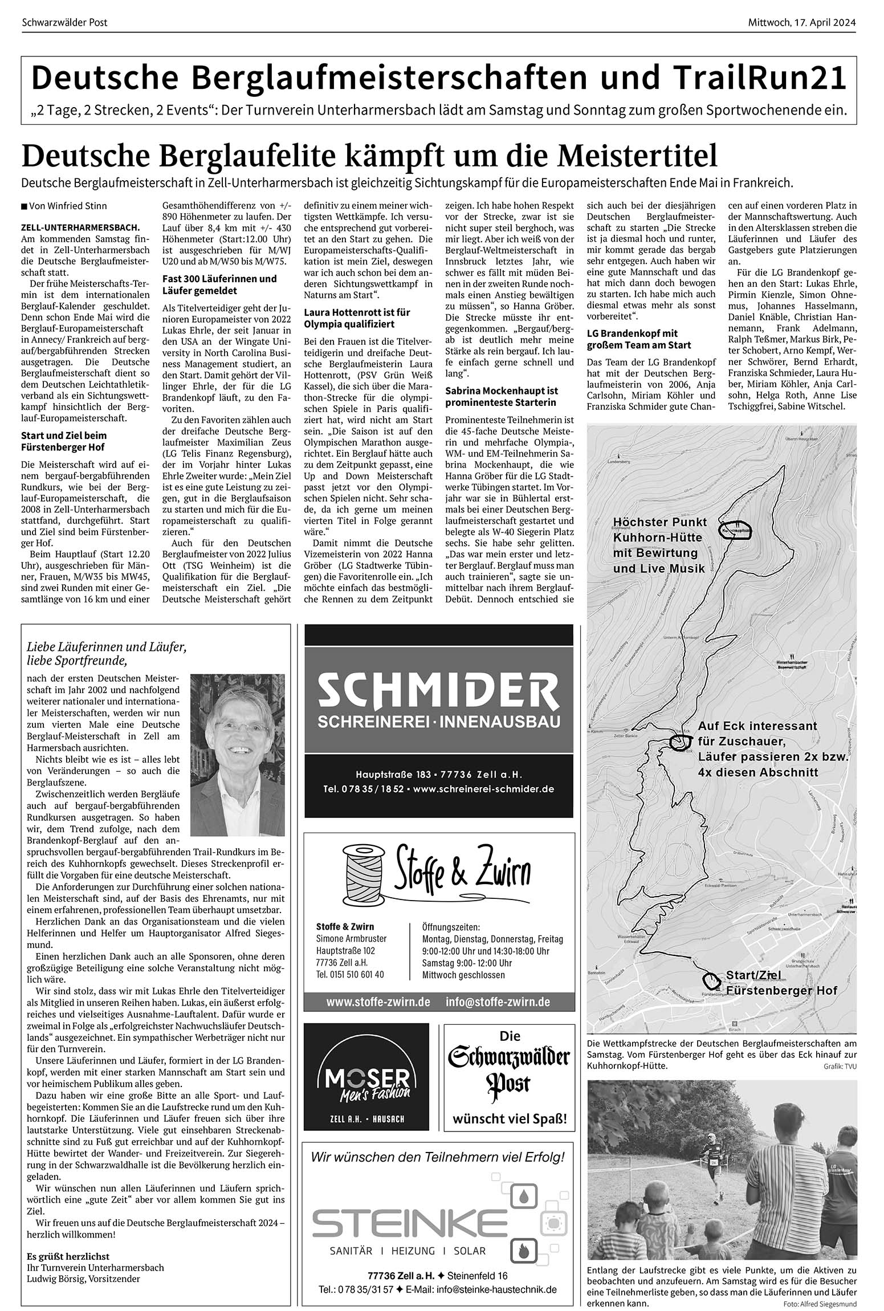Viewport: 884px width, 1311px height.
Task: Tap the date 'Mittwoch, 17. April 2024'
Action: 802,23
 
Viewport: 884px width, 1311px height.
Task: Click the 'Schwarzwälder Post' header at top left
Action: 64,23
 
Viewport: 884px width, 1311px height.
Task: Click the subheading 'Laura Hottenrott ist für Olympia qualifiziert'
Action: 357,318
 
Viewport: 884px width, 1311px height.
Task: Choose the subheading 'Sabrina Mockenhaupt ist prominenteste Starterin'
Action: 502,397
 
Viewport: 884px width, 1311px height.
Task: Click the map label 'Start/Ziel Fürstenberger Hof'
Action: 781,983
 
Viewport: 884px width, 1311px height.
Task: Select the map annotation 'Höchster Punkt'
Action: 659,522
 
